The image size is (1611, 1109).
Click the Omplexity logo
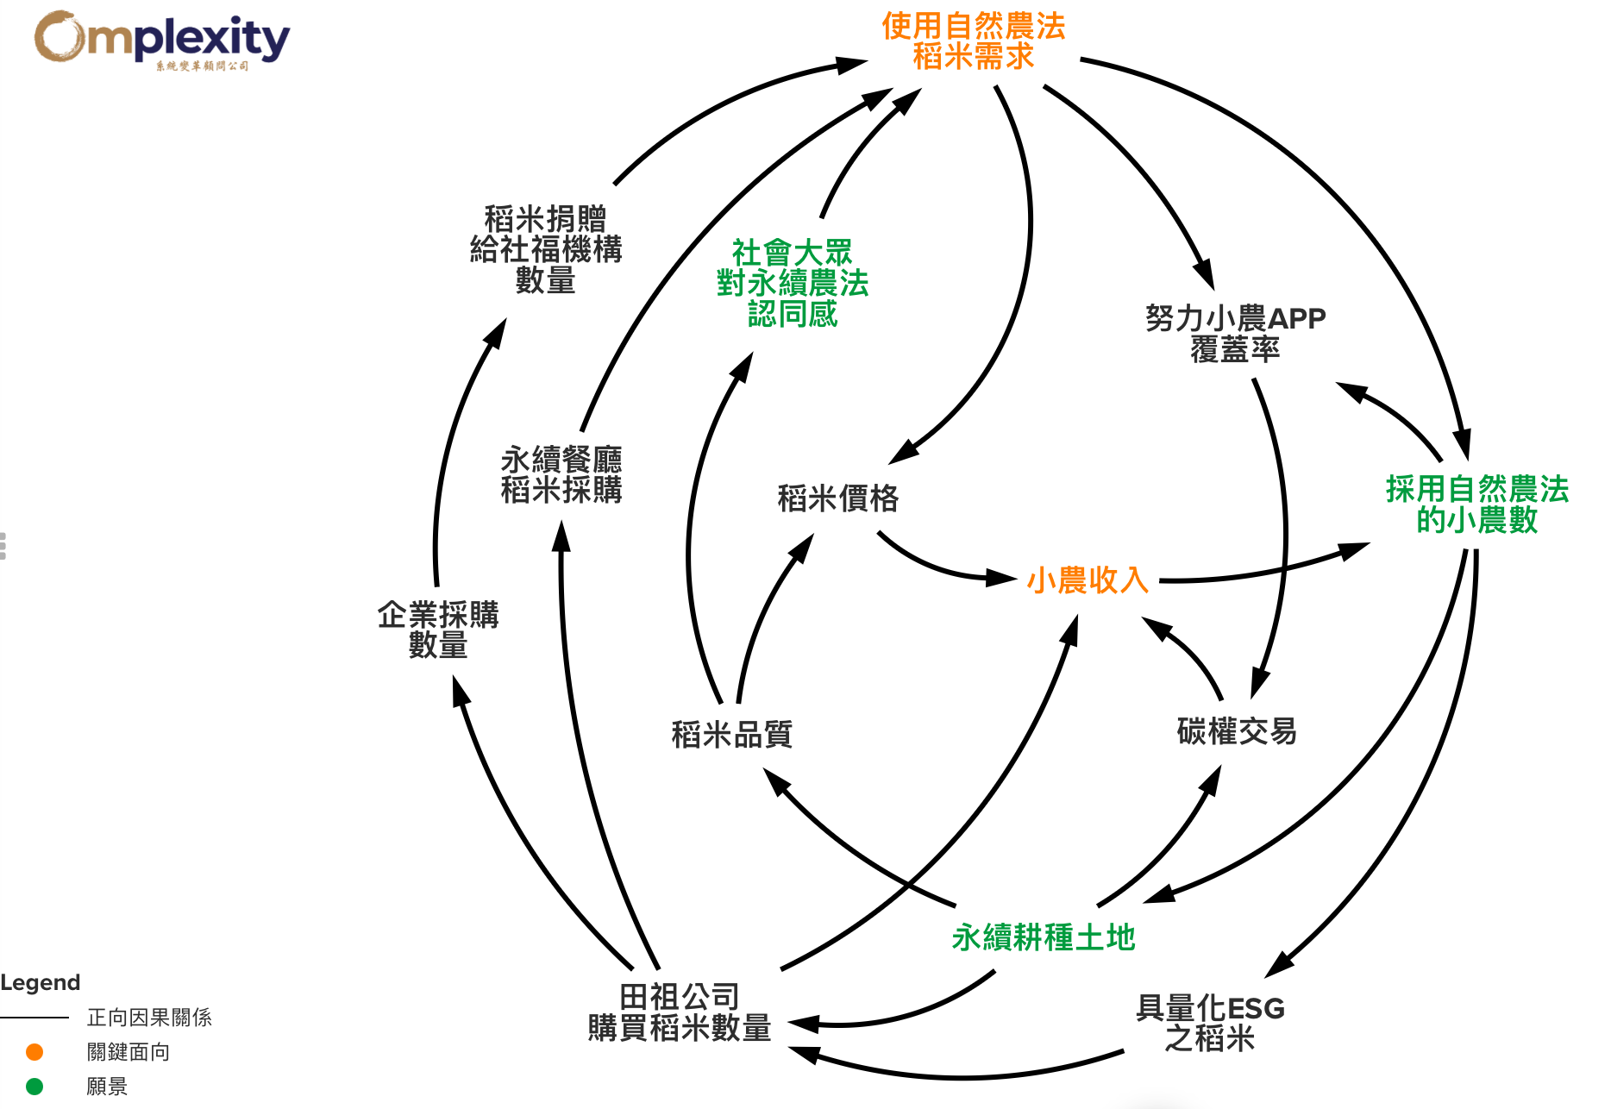[x=161, y=40]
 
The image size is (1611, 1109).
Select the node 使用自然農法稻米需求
[x=973, y=41]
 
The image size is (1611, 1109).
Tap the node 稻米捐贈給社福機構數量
[x=545, y=249]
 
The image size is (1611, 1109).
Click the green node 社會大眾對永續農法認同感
[x=793, y=283]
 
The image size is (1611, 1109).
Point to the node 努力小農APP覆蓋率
[x=1235, y=334]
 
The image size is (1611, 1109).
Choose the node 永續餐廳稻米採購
[x=561, y=474]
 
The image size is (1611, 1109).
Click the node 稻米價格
[x=838, y=498]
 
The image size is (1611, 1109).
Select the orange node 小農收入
[x=1088, y=580]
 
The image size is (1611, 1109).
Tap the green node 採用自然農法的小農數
[x=1476, y=504]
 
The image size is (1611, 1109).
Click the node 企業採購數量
[x=438, y=630]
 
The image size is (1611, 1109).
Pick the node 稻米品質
[x=731, y=735]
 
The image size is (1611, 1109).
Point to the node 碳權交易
[x=1237, y=731]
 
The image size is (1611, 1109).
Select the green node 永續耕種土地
[x=1044, y=937]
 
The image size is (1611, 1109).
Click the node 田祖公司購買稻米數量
[x=680, y=1012]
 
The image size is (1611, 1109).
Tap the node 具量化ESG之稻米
[x=1210, y=1023]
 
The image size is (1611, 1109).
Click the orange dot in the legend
[x=34, y=1052]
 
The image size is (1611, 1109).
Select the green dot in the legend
[x=34, y=1087]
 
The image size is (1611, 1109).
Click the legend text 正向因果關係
[x=149, y=1018]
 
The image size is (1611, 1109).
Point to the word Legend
[x=41, y=983]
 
